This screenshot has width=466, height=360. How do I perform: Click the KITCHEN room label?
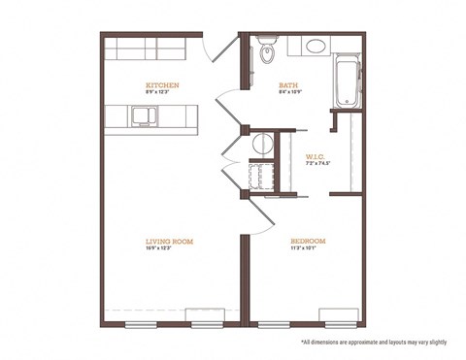161,84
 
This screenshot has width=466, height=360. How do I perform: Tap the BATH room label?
287,84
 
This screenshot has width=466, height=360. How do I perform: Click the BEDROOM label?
307,240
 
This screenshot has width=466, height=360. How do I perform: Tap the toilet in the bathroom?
269,51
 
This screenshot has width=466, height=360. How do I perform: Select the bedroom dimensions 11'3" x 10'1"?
307,248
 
